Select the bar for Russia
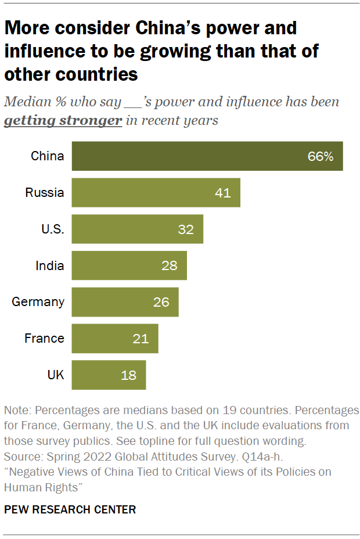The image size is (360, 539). coord(156,193)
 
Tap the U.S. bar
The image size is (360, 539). coord(137,229)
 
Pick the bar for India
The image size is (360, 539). coord(129,265)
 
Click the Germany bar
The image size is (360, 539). coord(125,302)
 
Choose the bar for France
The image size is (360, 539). coord(114,338)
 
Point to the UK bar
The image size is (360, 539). coord(109,375)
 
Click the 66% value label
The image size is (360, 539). coord(321,156)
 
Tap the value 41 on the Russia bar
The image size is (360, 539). coord(222,193)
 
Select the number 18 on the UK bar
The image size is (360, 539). coord(128,375)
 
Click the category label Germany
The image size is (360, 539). coord(38,302)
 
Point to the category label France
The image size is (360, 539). coord(44,338)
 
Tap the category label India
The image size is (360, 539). coord(49,265)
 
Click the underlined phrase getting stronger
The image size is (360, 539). coord(63,120)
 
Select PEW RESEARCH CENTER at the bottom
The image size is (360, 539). coord(70,509)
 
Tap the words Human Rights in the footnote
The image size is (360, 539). coord(39,487)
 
